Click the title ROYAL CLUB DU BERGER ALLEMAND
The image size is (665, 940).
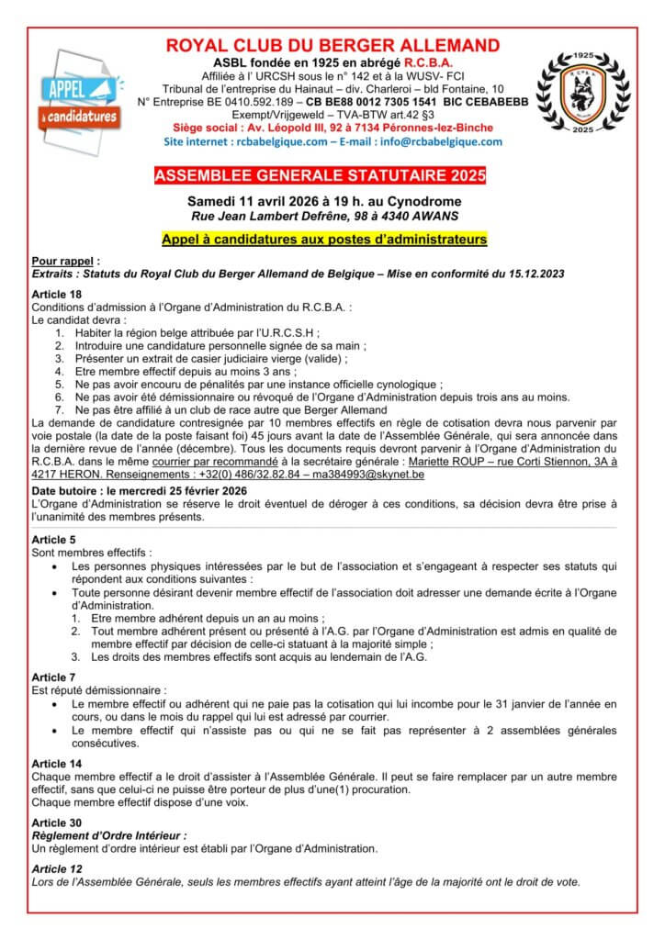pos(332,46)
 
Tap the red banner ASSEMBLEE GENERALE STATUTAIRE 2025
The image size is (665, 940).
pos(332,175)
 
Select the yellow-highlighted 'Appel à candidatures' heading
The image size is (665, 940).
pos(332,239)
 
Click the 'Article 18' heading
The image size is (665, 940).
pos(57,293)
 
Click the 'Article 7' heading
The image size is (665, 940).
pos(53,677)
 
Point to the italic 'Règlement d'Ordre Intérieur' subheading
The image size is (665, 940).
pos(109,837)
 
